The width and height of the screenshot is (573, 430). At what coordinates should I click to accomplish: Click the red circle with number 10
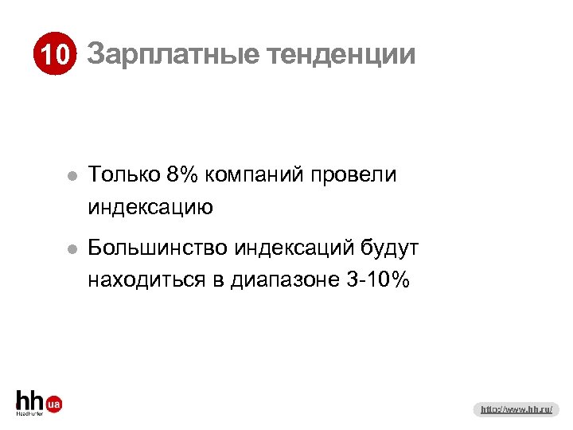54,56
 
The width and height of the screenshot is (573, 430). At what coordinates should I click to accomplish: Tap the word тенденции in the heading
341,55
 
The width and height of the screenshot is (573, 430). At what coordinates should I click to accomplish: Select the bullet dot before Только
72,176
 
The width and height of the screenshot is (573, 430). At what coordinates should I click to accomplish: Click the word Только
124,174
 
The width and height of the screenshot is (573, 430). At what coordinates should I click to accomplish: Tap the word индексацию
150,209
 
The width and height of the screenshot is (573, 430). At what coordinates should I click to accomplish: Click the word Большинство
158,248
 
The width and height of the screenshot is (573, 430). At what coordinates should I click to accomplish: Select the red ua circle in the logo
54,405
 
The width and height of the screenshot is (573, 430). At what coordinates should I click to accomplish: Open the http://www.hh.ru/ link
517,409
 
